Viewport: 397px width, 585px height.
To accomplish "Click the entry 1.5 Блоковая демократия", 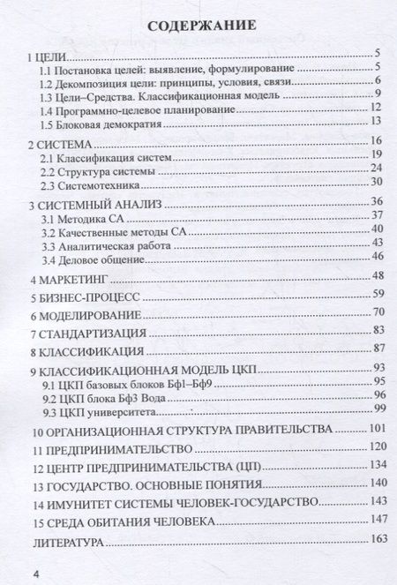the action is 104,121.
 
